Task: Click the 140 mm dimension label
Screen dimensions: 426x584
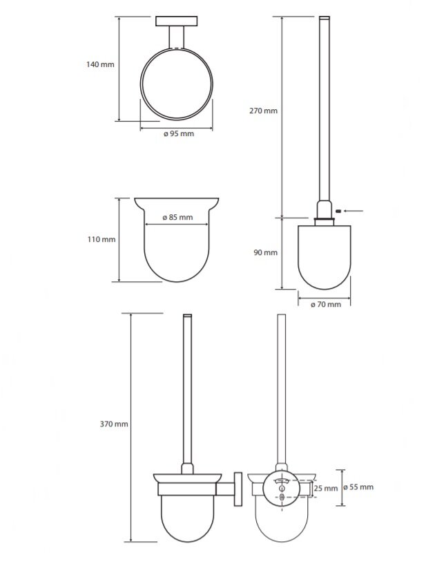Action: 100,64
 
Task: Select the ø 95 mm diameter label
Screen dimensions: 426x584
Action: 179,133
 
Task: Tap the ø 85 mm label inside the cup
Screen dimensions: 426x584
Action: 178,218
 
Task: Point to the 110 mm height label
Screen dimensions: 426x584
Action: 101,240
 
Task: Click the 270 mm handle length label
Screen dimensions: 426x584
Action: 264,111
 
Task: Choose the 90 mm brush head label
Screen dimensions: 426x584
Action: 266,252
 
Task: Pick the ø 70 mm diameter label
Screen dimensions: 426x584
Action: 326,305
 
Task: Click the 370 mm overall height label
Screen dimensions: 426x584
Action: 114,424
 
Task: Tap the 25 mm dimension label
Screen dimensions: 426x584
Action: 326,489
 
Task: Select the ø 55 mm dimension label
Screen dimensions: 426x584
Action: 358,487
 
